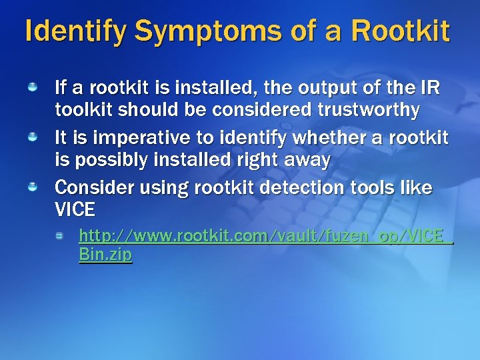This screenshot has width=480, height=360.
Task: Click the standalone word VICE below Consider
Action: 75,211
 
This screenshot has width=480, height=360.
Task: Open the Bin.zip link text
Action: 105,254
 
